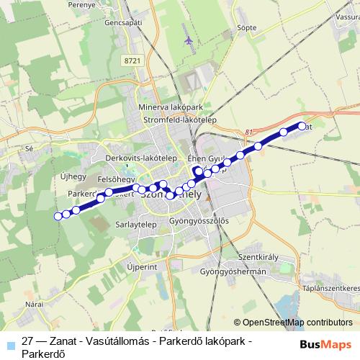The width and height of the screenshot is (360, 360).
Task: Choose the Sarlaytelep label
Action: point(136,224)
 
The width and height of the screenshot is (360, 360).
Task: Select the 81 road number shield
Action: point(249,131)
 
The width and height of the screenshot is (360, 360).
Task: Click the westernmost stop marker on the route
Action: point(58,216)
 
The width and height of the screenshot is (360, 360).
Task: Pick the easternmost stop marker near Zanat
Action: point(302,127)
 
